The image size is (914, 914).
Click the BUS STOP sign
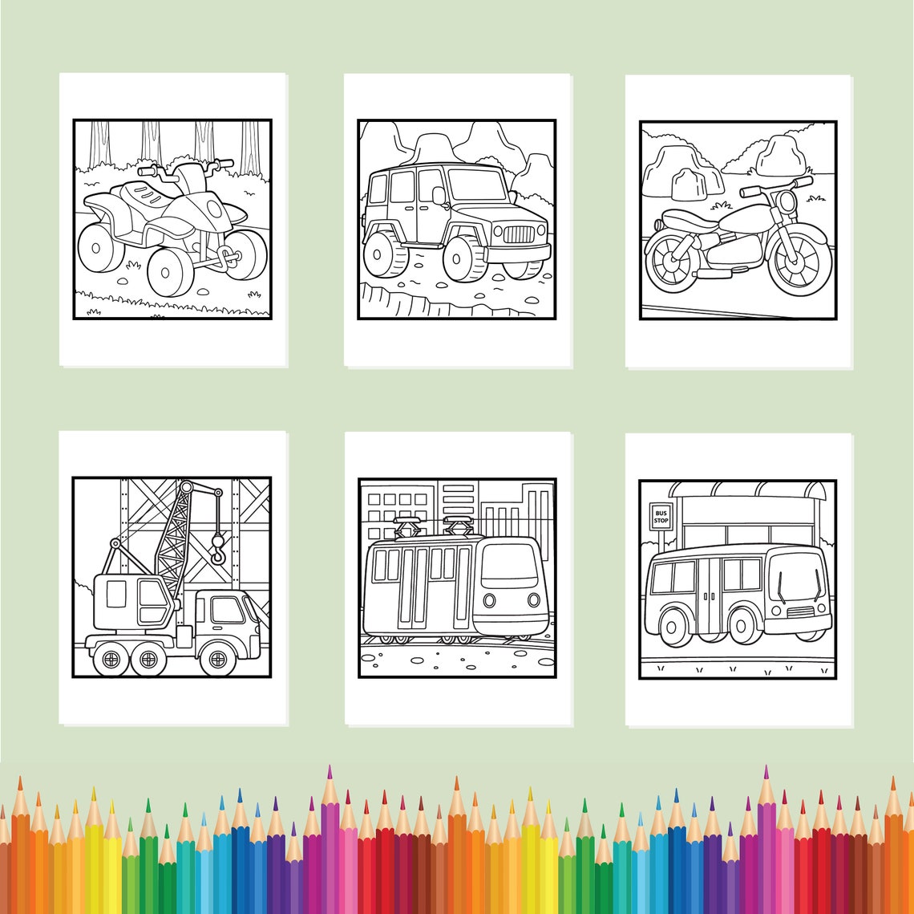click(661, 516)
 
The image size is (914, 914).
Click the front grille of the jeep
click(518, 234)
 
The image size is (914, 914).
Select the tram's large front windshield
click(509, 567)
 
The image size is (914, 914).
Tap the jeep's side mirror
click(439, 195)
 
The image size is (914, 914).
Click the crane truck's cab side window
click(228, 610)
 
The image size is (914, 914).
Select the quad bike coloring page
click(172, 219)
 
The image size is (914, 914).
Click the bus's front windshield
click(796, 576)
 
